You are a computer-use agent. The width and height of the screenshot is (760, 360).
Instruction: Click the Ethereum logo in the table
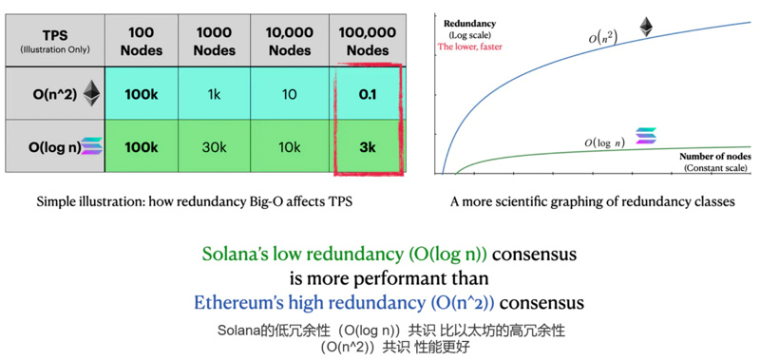(91, 92)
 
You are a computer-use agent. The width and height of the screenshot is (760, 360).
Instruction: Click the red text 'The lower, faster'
(469, 46)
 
